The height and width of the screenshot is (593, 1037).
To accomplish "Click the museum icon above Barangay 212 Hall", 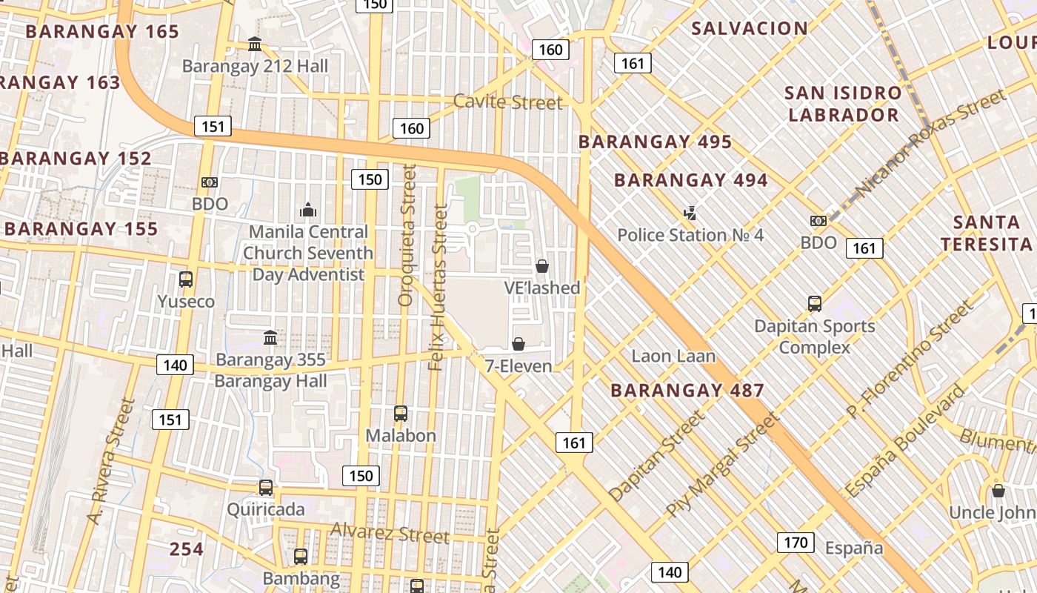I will [255, 44].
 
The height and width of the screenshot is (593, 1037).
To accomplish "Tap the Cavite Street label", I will [507, 102].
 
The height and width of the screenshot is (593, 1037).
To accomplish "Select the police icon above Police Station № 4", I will [690, 213].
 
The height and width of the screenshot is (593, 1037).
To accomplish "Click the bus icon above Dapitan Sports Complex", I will [815, 303].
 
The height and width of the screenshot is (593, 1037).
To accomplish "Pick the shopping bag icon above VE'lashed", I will [542, 266].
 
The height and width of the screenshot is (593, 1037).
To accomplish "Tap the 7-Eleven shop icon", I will [518, 344].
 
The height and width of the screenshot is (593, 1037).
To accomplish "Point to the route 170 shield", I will [796, 543].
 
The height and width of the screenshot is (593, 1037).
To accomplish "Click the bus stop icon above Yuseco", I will [186, 279].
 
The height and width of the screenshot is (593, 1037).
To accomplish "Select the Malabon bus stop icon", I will [401, 414].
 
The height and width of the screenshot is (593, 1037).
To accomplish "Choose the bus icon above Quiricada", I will [266, 488].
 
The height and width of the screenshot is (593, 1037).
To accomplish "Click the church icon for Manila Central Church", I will [308, 211].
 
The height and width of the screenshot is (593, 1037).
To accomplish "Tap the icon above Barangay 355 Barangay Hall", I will [270, 338].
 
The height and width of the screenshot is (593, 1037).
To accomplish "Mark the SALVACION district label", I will [750, 29].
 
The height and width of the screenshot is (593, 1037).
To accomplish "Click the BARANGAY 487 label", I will [687, 391].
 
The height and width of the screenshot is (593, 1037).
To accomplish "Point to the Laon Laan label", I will [673, 356].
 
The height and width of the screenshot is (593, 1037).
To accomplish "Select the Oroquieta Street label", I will [406, 236].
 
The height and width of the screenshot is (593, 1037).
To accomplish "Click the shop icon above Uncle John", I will [998, 491].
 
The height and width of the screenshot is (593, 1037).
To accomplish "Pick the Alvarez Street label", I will [390, 532].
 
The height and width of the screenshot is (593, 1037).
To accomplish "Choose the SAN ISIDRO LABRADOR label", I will [843, 104].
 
